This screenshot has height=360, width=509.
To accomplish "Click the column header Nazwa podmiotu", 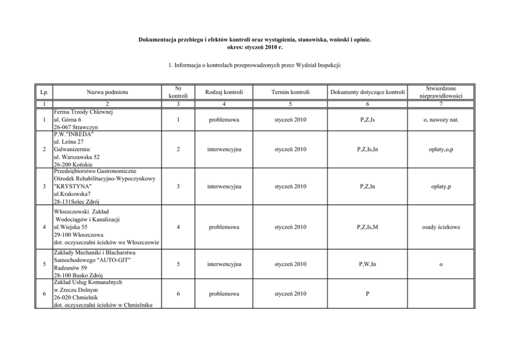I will pyautogui.click(x=107, y=92).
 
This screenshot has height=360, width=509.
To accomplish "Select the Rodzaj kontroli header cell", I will pyautogui.click(x=224, y=92).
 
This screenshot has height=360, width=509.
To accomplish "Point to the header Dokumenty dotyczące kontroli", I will pyautogui.click(x=368, y=92).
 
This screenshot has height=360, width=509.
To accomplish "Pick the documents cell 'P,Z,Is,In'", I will pyautogui.click(x=368, y=149).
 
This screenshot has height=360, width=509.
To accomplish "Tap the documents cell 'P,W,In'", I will pyautogui.click(x=368, y=264).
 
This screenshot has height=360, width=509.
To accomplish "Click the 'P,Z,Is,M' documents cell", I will pyautogui.click(x=368, y=226).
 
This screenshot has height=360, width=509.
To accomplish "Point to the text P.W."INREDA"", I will pyautogui.click(x=72, y=135).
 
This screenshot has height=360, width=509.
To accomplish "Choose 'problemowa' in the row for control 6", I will pyautogui.click(x=224, y=294).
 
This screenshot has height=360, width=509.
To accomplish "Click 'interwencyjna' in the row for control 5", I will pyautogui.click(x=224, y=264).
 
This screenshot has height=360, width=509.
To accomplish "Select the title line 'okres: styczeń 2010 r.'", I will pyautogui.click(x=254, y=47).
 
